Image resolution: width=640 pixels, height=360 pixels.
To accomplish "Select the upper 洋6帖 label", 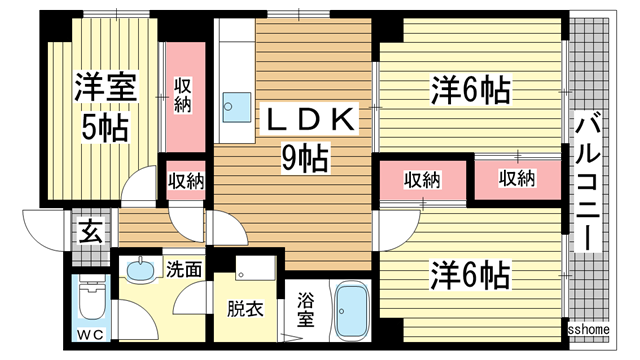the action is pos(470,91).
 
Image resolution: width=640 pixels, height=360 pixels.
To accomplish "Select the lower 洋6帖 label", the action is pos(470,272).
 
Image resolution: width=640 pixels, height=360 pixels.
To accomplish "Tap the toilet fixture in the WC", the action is pos(90,297).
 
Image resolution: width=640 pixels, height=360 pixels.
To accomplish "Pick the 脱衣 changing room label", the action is pos(246,310).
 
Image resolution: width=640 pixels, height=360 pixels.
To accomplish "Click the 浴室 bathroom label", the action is pos(307,309).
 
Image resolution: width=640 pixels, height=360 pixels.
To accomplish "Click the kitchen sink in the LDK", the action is pos(234,103).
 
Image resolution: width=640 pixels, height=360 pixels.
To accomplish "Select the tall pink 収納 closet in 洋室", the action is pos(183,97).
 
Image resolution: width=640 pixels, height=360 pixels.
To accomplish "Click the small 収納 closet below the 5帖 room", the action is pos(185,181).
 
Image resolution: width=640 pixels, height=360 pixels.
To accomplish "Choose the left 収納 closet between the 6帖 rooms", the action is pos(422,179).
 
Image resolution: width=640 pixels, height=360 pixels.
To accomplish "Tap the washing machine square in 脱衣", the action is pos(255,270).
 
